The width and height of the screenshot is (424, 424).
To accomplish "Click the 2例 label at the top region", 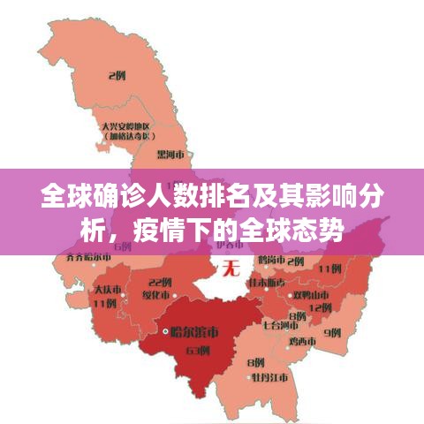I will [x=116, y=76].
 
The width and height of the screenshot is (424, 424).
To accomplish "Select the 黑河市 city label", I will [x=170, y=153].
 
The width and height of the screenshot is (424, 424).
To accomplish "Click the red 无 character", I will [x=231, y=265].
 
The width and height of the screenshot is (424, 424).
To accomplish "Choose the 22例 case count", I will [x=161, y=282].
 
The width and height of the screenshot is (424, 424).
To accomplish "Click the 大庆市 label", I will [x=110, y=289].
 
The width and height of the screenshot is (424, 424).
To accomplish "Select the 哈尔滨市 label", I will [x=195, y=332].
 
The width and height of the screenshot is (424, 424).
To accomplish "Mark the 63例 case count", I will [x=198, y=350].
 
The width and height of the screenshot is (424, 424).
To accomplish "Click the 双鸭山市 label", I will [x=312, y=293].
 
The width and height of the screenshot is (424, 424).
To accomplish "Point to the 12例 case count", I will [x=321, y=306].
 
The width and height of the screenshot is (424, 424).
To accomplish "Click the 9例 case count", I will [x=332, y=332].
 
